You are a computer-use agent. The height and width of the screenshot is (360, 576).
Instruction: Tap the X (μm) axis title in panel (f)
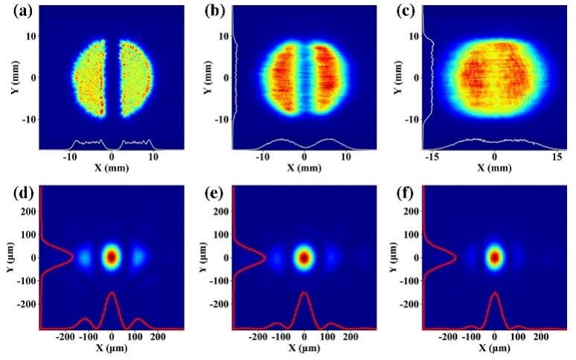(x=495, y=349)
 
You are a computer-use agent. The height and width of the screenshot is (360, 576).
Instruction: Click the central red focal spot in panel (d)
(x=112, y=257)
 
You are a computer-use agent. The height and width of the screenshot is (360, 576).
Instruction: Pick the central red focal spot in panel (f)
(x=495, y=257)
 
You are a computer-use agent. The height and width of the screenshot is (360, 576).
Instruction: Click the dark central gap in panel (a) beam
(x=112, y=78)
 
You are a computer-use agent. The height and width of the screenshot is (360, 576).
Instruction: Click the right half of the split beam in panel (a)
(x=135, y=78)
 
